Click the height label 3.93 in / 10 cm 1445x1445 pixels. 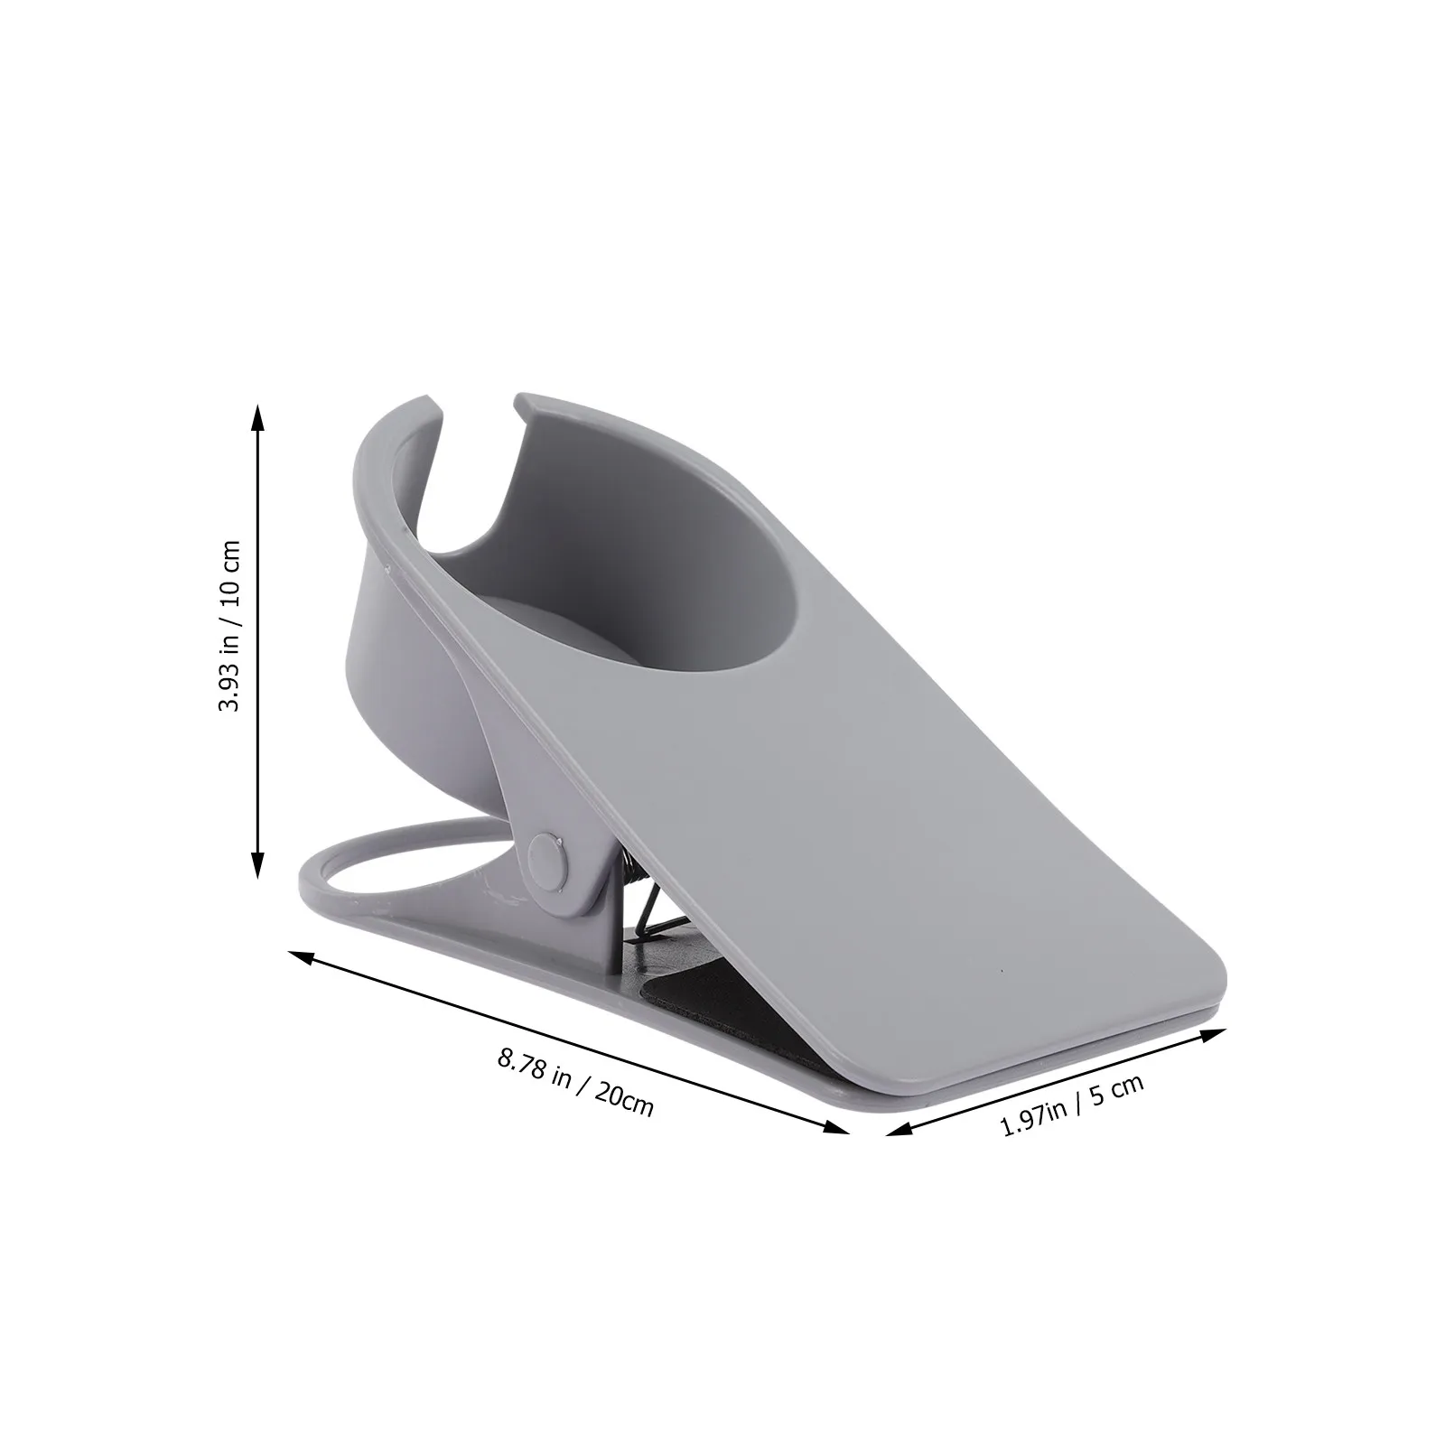click(230, 626)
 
